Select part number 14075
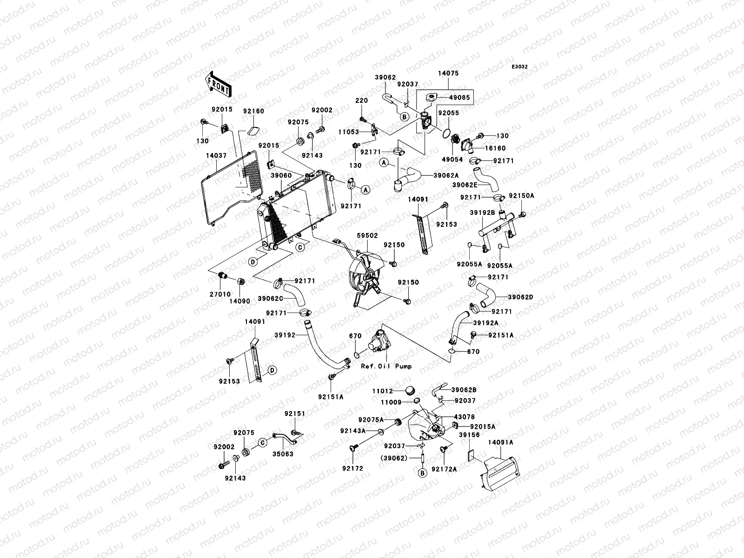[x=448, y=73]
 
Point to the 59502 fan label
[x=367, y=236]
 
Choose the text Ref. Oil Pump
[x=386, y=366]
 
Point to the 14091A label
[x=501, y=442]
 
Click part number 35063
[x=283, y=454]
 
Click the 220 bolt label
[x=361, y=100]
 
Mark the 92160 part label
[x=253, y=112]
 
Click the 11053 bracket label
[x=348, y=132]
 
